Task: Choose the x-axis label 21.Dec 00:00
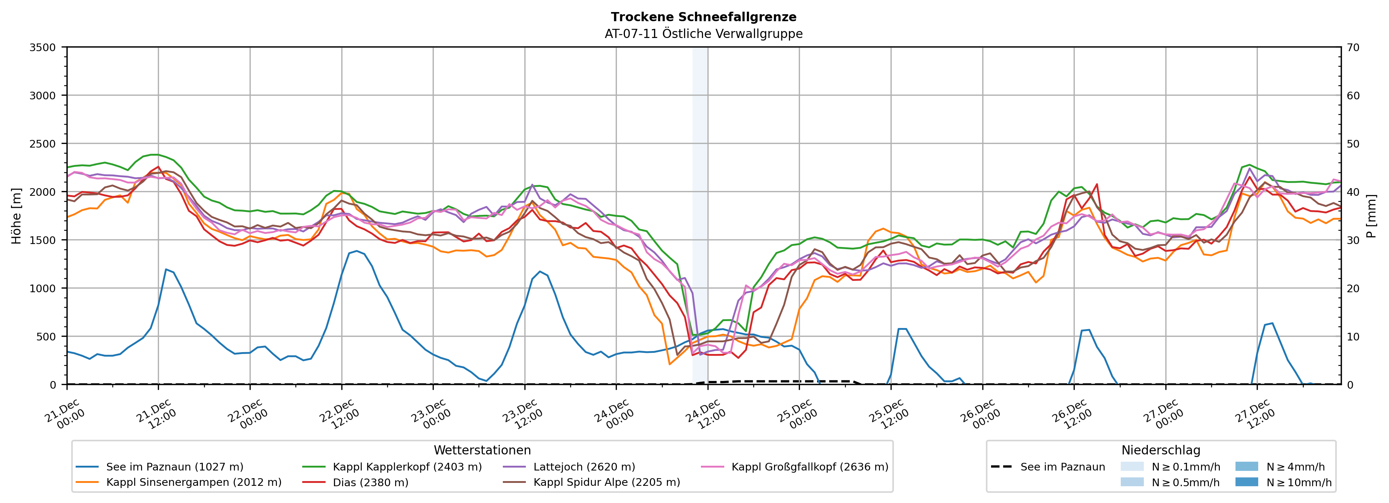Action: [x=65, y=414]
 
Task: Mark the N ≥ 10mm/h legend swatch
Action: [x=1246, y=482]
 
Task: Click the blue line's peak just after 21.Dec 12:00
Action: [x=166, y=269]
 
